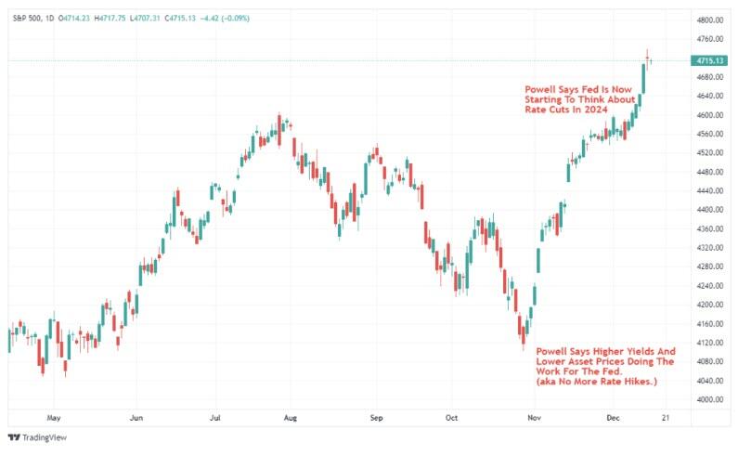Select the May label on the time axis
pos(54,418)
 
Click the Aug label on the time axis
pos(291,418)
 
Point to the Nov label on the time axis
pos(535,418)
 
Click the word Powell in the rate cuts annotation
pos(541,89)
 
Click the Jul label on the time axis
pos(214,418)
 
